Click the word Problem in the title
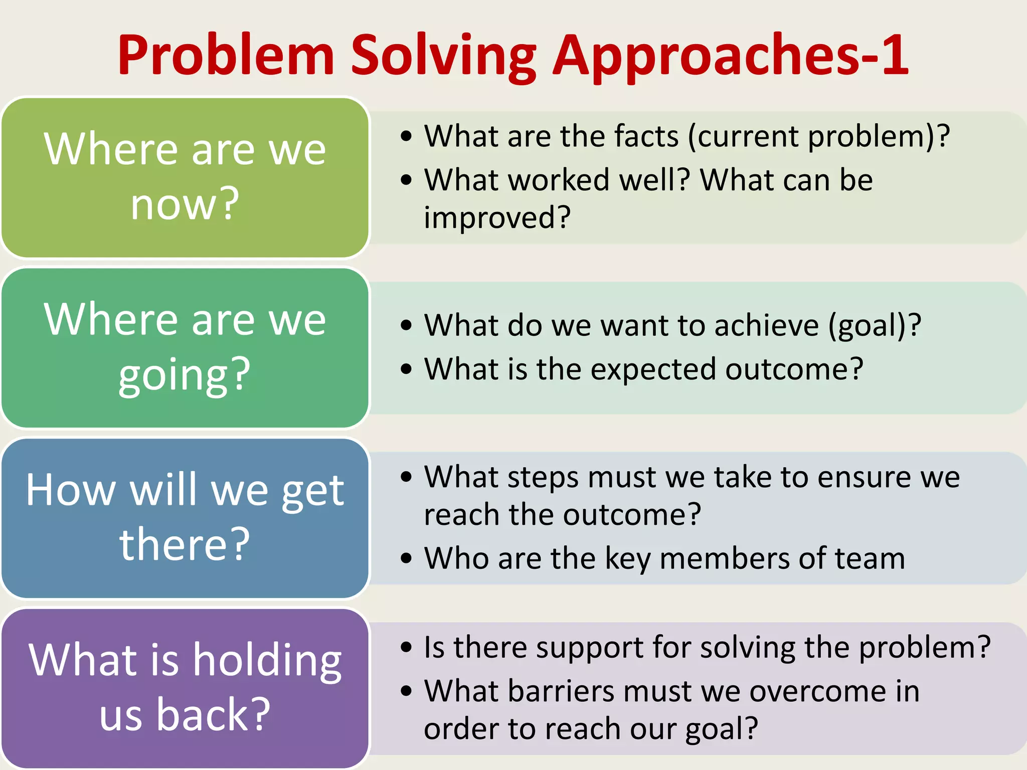[x=226, y=55]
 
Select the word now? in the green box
[x=185, y=204]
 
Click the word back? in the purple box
[x=213, y=714]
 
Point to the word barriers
[x=561, y=692]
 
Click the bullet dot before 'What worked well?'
[x=406, y=180]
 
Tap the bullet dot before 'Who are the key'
[x=406, y=558]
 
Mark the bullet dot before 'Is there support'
[x=406, y=647]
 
